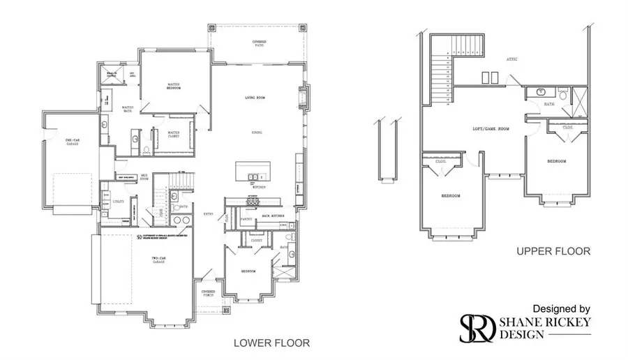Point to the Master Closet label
173,134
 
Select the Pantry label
245,218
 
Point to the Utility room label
118,202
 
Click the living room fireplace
303,97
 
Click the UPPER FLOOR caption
553,251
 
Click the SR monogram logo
477,328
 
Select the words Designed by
562,308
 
